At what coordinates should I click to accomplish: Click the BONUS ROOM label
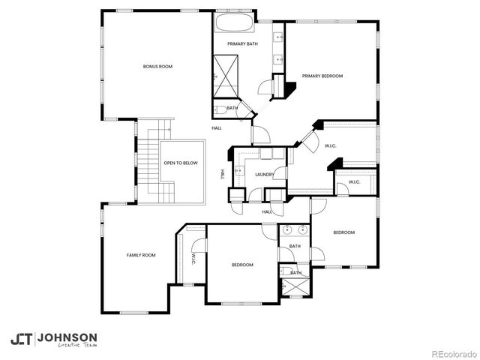pyautogui.click(x=157, y=67)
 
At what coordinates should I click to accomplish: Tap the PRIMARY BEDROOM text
pyautogui.click(x=322, y=76)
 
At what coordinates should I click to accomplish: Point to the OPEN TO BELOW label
pyautogui.click(x=181, y=163)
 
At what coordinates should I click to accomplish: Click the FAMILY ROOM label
pyautogui.click(x=140, y=256)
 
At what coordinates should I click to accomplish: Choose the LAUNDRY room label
pyautogui.click(x=264, y=175)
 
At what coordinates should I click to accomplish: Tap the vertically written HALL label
pyautogui.click(x=223, y=175)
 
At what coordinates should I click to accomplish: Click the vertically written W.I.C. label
pyautogui.click(x=193, y=259)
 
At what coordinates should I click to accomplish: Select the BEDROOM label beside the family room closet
pyautogui.click(x=242, y=265)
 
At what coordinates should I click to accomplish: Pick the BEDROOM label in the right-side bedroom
pyautogui.click(x=343, y=232)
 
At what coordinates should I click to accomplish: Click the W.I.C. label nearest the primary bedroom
pyautogui.click(x=331, y=145)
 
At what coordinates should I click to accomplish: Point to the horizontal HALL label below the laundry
pyautogui.click(x=267, y=212)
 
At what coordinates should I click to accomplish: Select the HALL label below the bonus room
pyautogui.click(x=217, y=128)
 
